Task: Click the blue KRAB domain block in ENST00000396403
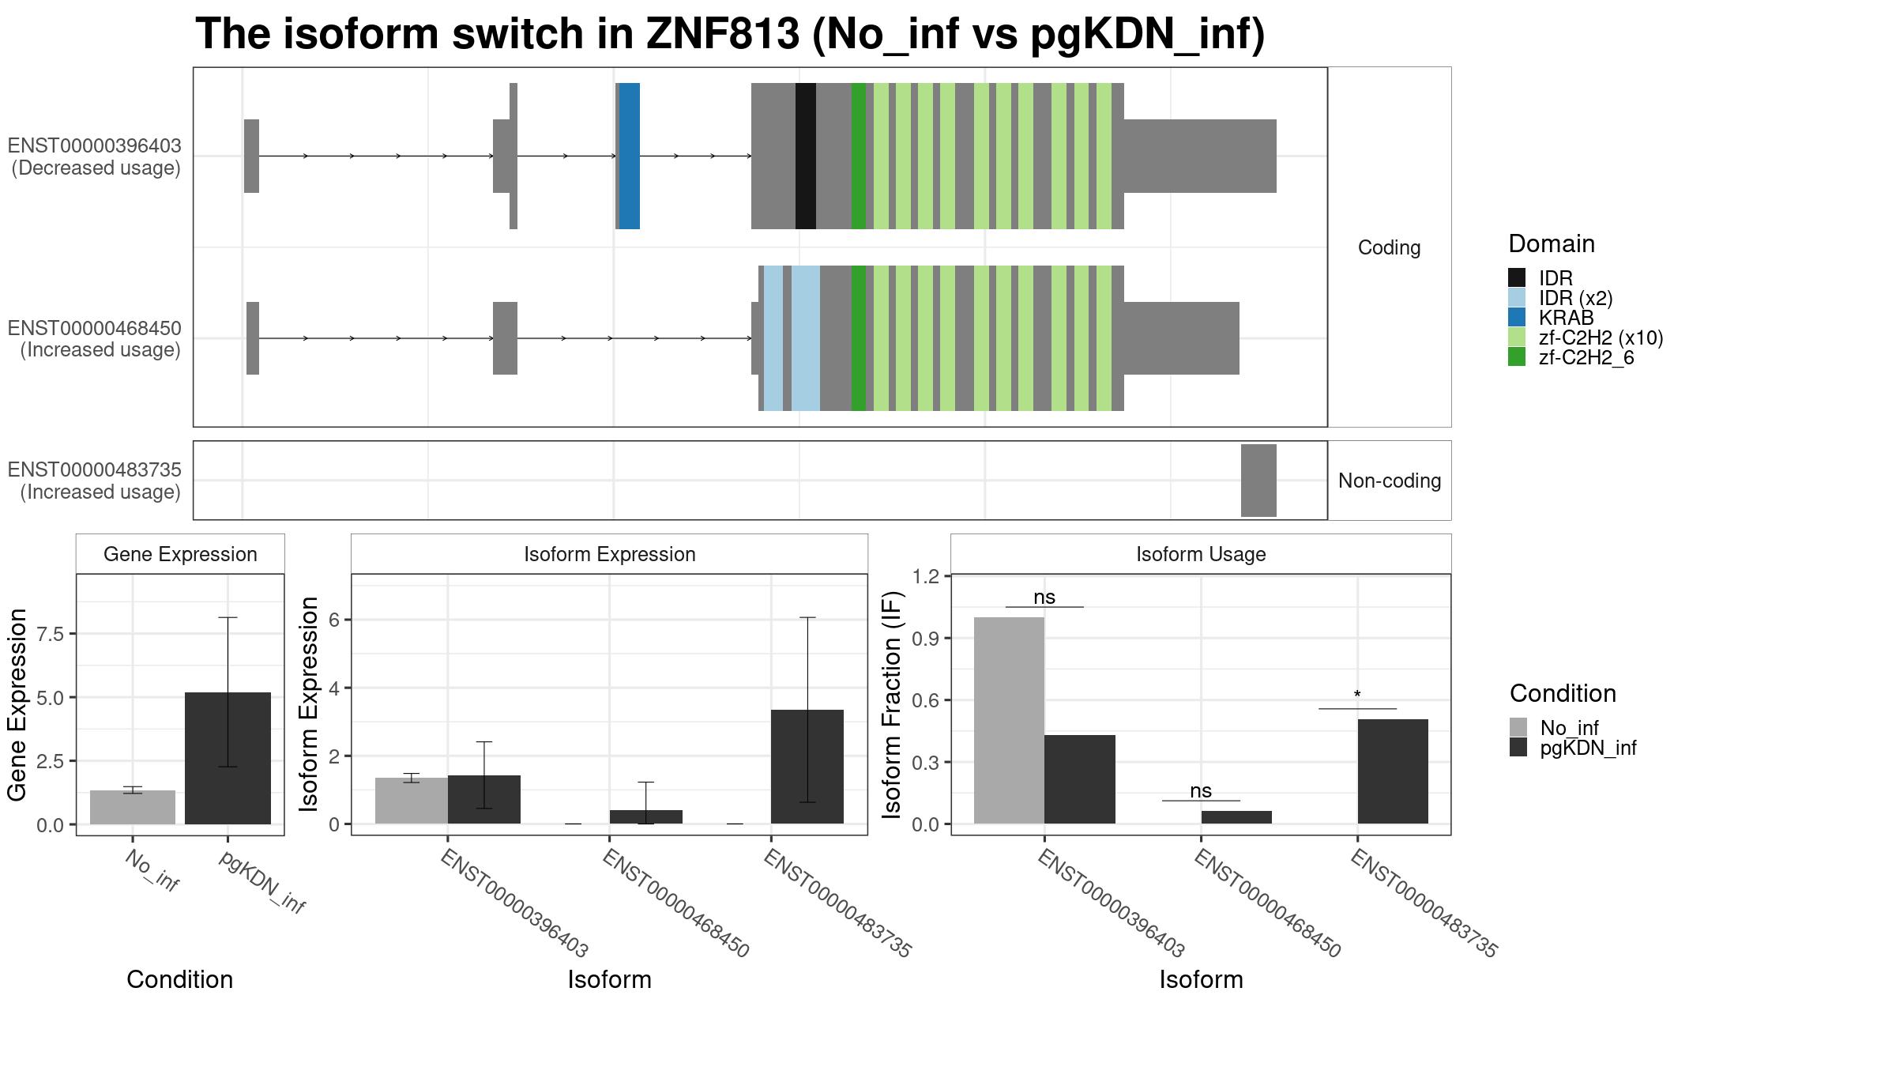click(x=629, y=156)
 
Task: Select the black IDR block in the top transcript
click(x=806, y=156)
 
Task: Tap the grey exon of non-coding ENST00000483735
click(x=1258, y=481)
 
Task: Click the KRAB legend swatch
click(x=1517, y=318)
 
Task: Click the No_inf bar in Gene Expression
click(x=133, y=807)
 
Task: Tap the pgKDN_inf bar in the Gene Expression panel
click(x=228, y=758)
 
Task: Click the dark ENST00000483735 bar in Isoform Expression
click(x=807, y=767)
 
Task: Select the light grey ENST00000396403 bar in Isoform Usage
click(x=1009, y=721)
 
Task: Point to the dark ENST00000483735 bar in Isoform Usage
click(x=1393, y=771)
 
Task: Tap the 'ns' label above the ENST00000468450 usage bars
click(x=1201, y=790)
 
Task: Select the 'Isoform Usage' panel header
click(x=1201, y=554)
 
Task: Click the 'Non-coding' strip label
click(x=1390, y=481)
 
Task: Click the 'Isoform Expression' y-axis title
click(x=309, y=703)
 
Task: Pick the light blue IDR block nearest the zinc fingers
click(x=806, y=338)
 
